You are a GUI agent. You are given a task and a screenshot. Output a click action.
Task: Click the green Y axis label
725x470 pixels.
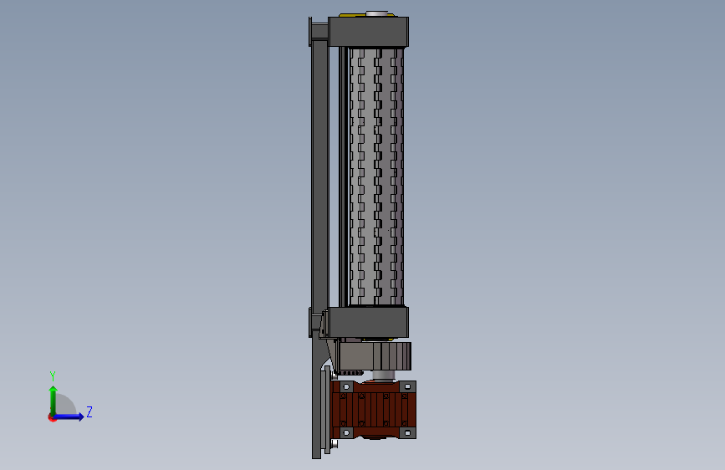[53, 376]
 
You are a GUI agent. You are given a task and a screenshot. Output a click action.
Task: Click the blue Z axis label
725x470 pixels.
[89, 411]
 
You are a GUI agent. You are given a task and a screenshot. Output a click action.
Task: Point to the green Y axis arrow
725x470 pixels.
[54, 400]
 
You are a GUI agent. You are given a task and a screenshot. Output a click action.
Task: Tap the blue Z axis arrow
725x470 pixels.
[69, 416]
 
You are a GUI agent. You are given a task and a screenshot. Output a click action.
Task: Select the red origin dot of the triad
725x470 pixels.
[52, 417]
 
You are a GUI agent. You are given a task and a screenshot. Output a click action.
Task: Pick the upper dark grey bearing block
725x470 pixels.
[368, 32]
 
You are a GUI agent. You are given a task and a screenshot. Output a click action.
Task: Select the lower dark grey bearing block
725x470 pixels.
[368, 322]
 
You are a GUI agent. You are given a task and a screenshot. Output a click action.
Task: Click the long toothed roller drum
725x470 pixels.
[375, 176]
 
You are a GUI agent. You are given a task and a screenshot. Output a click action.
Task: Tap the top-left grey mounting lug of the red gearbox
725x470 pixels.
[346, 386]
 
